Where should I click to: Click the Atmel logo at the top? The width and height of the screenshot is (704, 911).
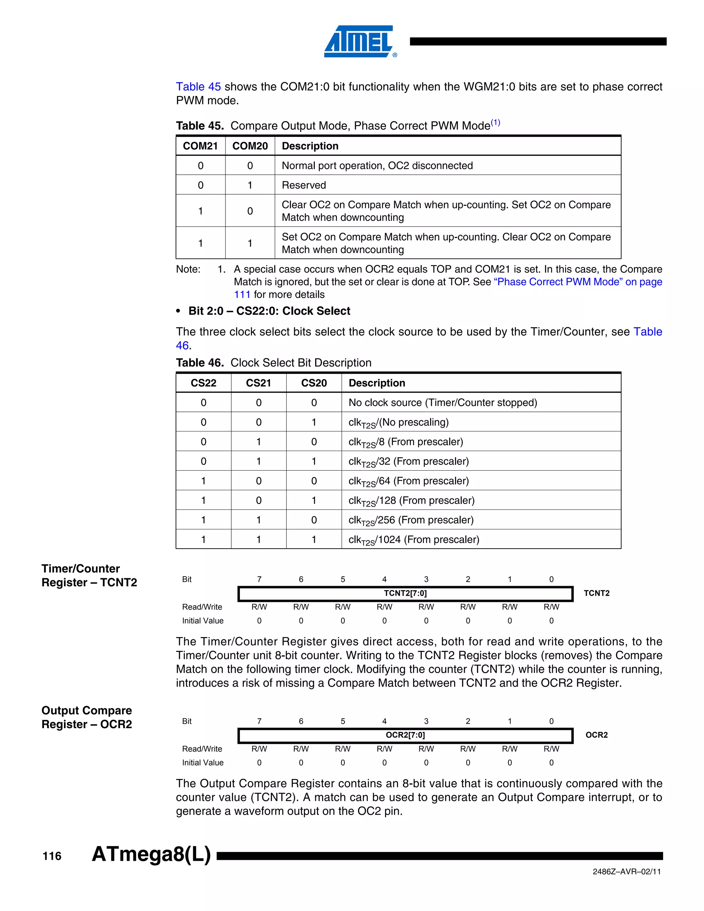tap(360, 41)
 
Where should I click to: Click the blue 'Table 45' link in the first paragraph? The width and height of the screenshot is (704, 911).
tap(198, 87)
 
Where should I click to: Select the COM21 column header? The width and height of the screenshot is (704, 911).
tap(200, 146)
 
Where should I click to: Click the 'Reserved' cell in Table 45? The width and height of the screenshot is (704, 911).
tap(304, 185)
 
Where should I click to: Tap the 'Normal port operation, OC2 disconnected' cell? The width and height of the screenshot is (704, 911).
tap(377, 166)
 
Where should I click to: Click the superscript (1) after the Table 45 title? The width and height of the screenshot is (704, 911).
tap(495, 123)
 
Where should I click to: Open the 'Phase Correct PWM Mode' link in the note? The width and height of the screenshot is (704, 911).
tap(577, 282)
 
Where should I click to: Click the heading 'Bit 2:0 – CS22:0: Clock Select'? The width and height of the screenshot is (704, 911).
tap(269, 311)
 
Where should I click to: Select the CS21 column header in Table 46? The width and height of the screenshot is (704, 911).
tap(258, 383)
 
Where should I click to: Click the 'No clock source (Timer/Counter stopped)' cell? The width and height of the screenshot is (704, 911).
tap(442, 403)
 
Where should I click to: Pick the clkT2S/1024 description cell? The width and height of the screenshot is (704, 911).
tap(414, 540)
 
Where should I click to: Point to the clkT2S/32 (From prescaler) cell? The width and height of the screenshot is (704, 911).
tap(408, 461)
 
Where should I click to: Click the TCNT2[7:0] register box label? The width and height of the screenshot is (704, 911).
tap(405, 593)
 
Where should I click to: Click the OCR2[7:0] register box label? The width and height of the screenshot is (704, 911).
tap(405, 735)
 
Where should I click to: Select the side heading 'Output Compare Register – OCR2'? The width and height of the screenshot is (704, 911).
tap(86, 717)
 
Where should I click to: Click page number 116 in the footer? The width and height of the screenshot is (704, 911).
tap(52, 856)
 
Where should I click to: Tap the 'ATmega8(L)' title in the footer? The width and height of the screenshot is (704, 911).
tap(151, 854)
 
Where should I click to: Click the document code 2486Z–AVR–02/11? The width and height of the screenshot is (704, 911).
tap(626, 872)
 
